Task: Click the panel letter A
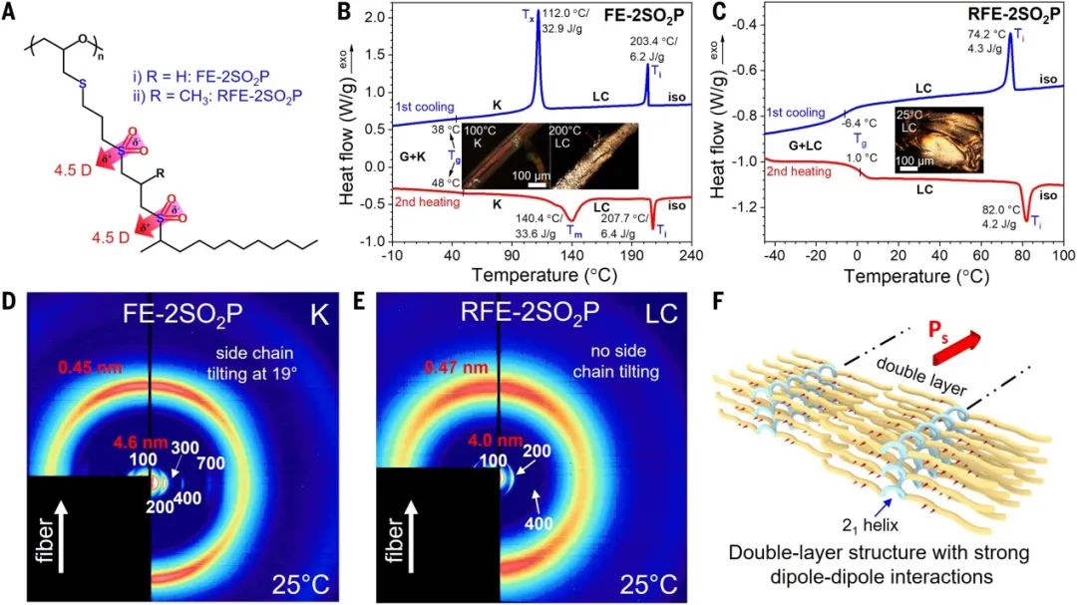pos(15,15)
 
